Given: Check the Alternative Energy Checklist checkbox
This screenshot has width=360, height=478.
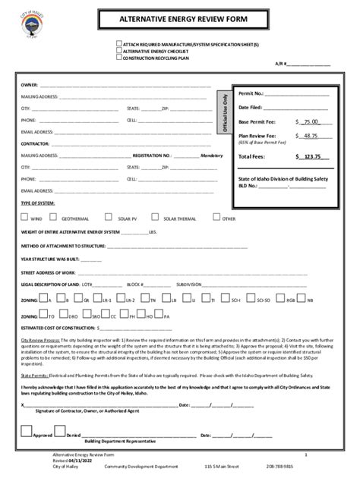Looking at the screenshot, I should point(118,51).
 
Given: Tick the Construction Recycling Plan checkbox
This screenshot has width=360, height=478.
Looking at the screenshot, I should point(118,58).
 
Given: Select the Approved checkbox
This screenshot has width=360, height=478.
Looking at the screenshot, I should point(27,431).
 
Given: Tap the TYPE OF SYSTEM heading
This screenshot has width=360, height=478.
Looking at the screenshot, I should point(37,203).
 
